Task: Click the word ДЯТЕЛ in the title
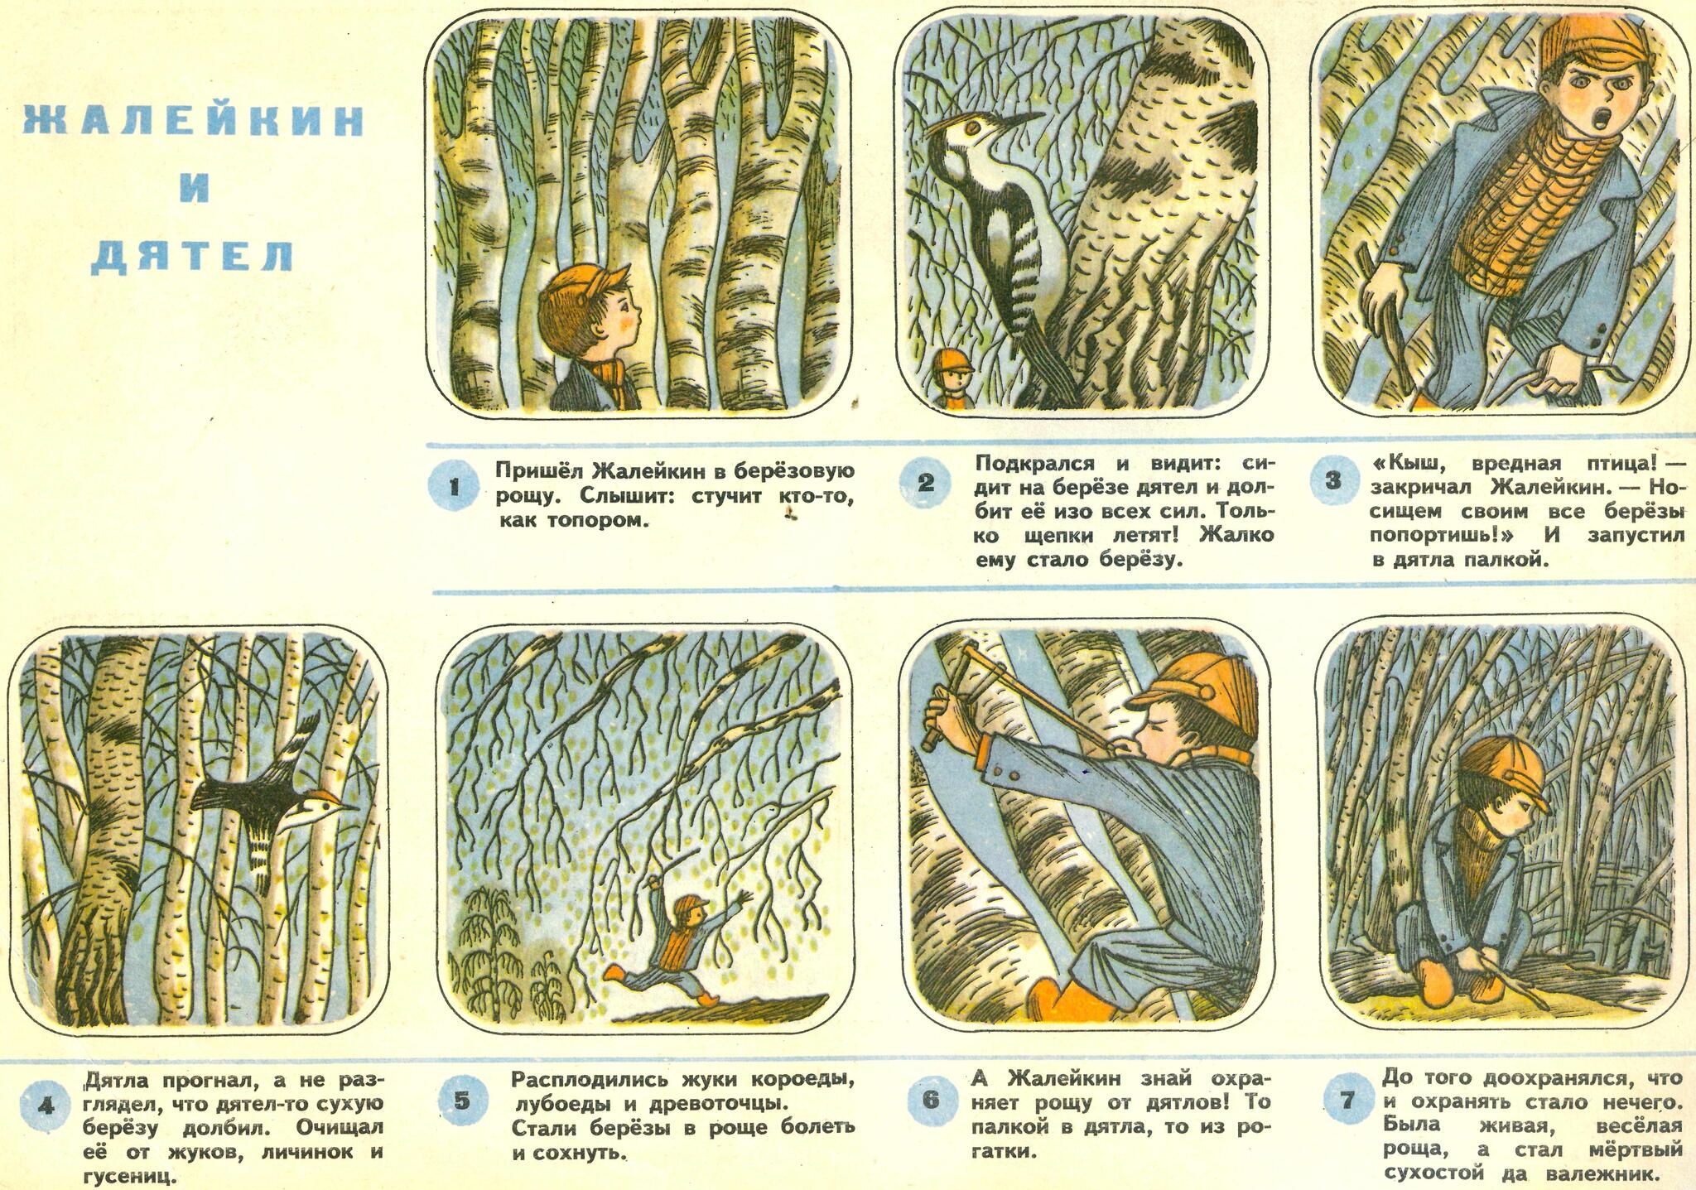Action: [x=191, y=256]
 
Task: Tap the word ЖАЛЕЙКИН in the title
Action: [x=192, y=123]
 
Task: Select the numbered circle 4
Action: [x=47, y=1106]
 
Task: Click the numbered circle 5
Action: [x=462, y=1100]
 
